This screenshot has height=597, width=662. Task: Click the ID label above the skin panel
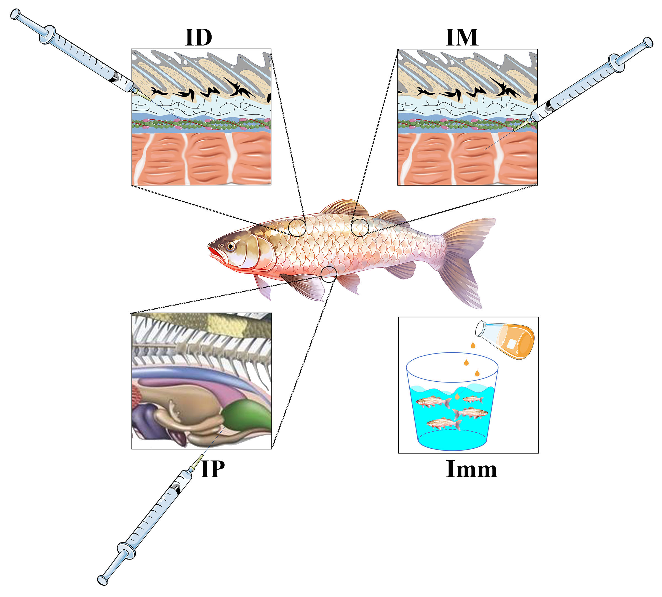click(199, 38)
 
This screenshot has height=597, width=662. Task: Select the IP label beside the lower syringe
click(213, 469)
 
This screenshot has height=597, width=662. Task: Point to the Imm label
click(471, 469)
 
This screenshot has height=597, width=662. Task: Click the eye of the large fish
click(231, 246)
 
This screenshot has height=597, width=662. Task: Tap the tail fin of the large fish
click(466, 259)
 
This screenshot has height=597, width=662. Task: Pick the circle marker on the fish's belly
click(329, 274)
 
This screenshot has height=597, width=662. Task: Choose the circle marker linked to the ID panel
click(297, 227)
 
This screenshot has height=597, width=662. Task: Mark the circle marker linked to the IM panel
click(360, 227)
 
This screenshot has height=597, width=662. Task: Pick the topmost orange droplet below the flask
click(473, 345)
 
